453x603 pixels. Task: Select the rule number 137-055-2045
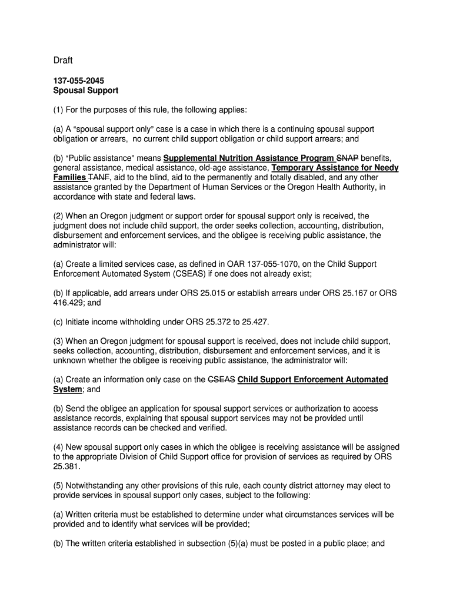coord(78,81)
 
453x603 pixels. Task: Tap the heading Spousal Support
coord(86,91)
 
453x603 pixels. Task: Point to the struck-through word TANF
coord(98,177)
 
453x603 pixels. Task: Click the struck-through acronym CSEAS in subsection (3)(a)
coord(222,380)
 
